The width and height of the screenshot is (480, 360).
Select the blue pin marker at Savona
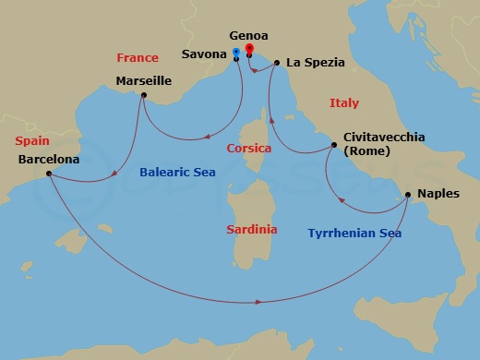pyautogui.click(x=237, y=53)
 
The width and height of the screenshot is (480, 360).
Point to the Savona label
pyautogui.click(x=204, y=54)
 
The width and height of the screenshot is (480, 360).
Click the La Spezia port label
pyautogui.click(x=315, y=63)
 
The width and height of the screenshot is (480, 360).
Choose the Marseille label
pyautogui.click(x=143, y=81)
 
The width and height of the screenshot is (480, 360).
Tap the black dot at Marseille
pyautogui.click(x=143, y=95)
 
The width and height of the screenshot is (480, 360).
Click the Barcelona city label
pyautogui.click(x=48, y=159)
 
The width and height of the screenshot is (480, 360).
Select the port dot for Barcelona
pyautogui.click(x=48, y=174)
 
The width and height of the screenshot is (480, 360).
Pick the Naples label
pyautogui.click(x=437, y=194)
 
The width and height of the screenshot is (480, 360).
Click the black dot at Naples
pyautogui.click(x=406, y=195)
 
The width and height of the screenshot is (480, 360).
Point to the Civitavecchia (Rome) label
pyautogui.click(x=383, y=144)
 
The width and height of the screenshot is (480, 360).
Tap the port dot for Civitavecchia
pyautogui.click(x=334, y=146)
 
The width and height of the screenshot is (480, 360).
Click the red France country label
pyautogui.click(x=137, y=57)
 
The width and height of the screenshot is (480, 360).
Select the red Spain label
pyautogui.click(x=32, y=141)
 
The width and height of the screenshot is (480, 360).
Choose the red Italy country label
pyautogui.click(x=343, y=103)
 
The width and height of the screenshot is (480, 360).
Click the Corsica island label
pyautogui.click(x=247, y=148)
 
